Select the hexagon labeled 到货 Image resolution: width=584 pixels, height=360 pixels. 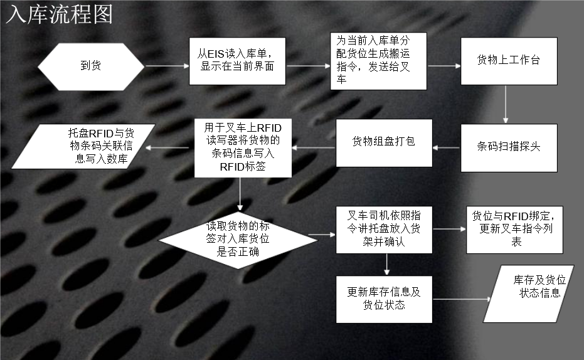91,65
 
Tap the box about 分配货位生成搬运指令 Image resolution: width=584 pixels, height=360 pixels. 379,61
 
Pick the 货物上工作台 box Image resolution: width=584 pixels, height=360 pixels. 509,61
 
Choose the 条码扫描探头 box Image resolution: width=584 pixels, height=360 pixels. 509,148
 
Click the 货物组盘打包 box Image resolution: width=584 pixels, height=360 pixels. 384,143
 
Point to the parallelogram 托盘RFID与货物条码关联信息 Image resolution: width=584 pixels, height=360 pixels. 88,147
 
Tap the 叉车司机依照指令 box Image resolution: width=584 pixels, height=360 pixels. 384,230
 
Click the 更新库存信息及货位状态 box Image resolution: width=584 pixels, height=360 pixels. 384,299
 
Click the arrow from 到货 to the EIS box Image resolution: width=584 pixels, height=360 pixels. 167,65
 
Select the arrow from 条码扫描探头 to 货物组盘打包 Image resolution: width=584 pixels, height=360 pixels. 447,148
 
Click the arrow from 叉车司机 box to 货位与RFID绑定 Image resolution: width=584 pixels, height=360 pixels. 449,230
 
